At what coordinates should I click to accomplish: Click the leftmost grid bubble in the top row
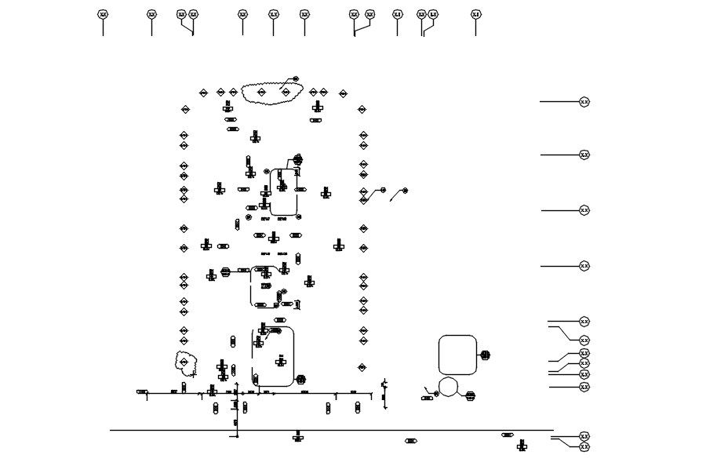coord(103,14)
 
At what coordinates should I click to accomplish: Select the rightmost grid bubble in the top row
coord(475,14)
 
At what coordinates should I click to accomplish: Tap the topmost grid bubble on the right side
coord(584,102)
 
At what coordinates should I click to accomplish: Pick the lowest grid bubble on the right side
coord(584,446)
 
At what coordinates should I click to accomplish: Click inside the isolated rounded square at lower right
coord(457,355)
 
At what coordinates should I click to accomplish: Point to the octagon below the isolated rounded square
coord(449,387)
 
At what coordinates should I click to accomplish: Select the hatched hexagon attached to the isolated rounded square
coord(485,355)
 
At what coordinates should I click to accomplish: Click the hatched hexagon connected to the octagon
coord(470,396)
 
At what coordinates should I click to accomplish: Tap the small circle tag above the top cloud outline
coord(296,78)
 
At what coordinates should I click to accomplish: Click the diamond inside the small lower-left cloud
coord(184,362)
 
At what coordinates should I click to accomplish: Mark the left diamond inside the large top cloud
coord(261,93)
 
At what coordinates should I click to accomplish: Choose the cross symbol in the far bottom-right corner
coord(522,445)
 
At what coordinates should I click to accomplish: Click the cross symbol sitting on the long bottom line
coord(297,436)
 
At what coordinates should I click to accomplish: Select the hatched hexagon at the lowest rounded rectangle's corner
coord(300,380)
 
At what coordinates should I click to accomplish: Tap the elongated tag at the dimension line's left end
coord(142,391)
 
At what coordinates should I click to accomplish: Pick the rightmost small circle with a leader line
coord(405,190)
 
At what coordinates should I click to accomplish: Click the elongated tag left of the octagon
coord(427,398)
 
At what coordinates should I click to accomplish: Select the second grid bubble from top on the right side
coord(584,155)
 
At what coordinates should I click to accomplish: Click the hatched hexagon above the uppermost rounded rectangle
coord(297,160)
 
